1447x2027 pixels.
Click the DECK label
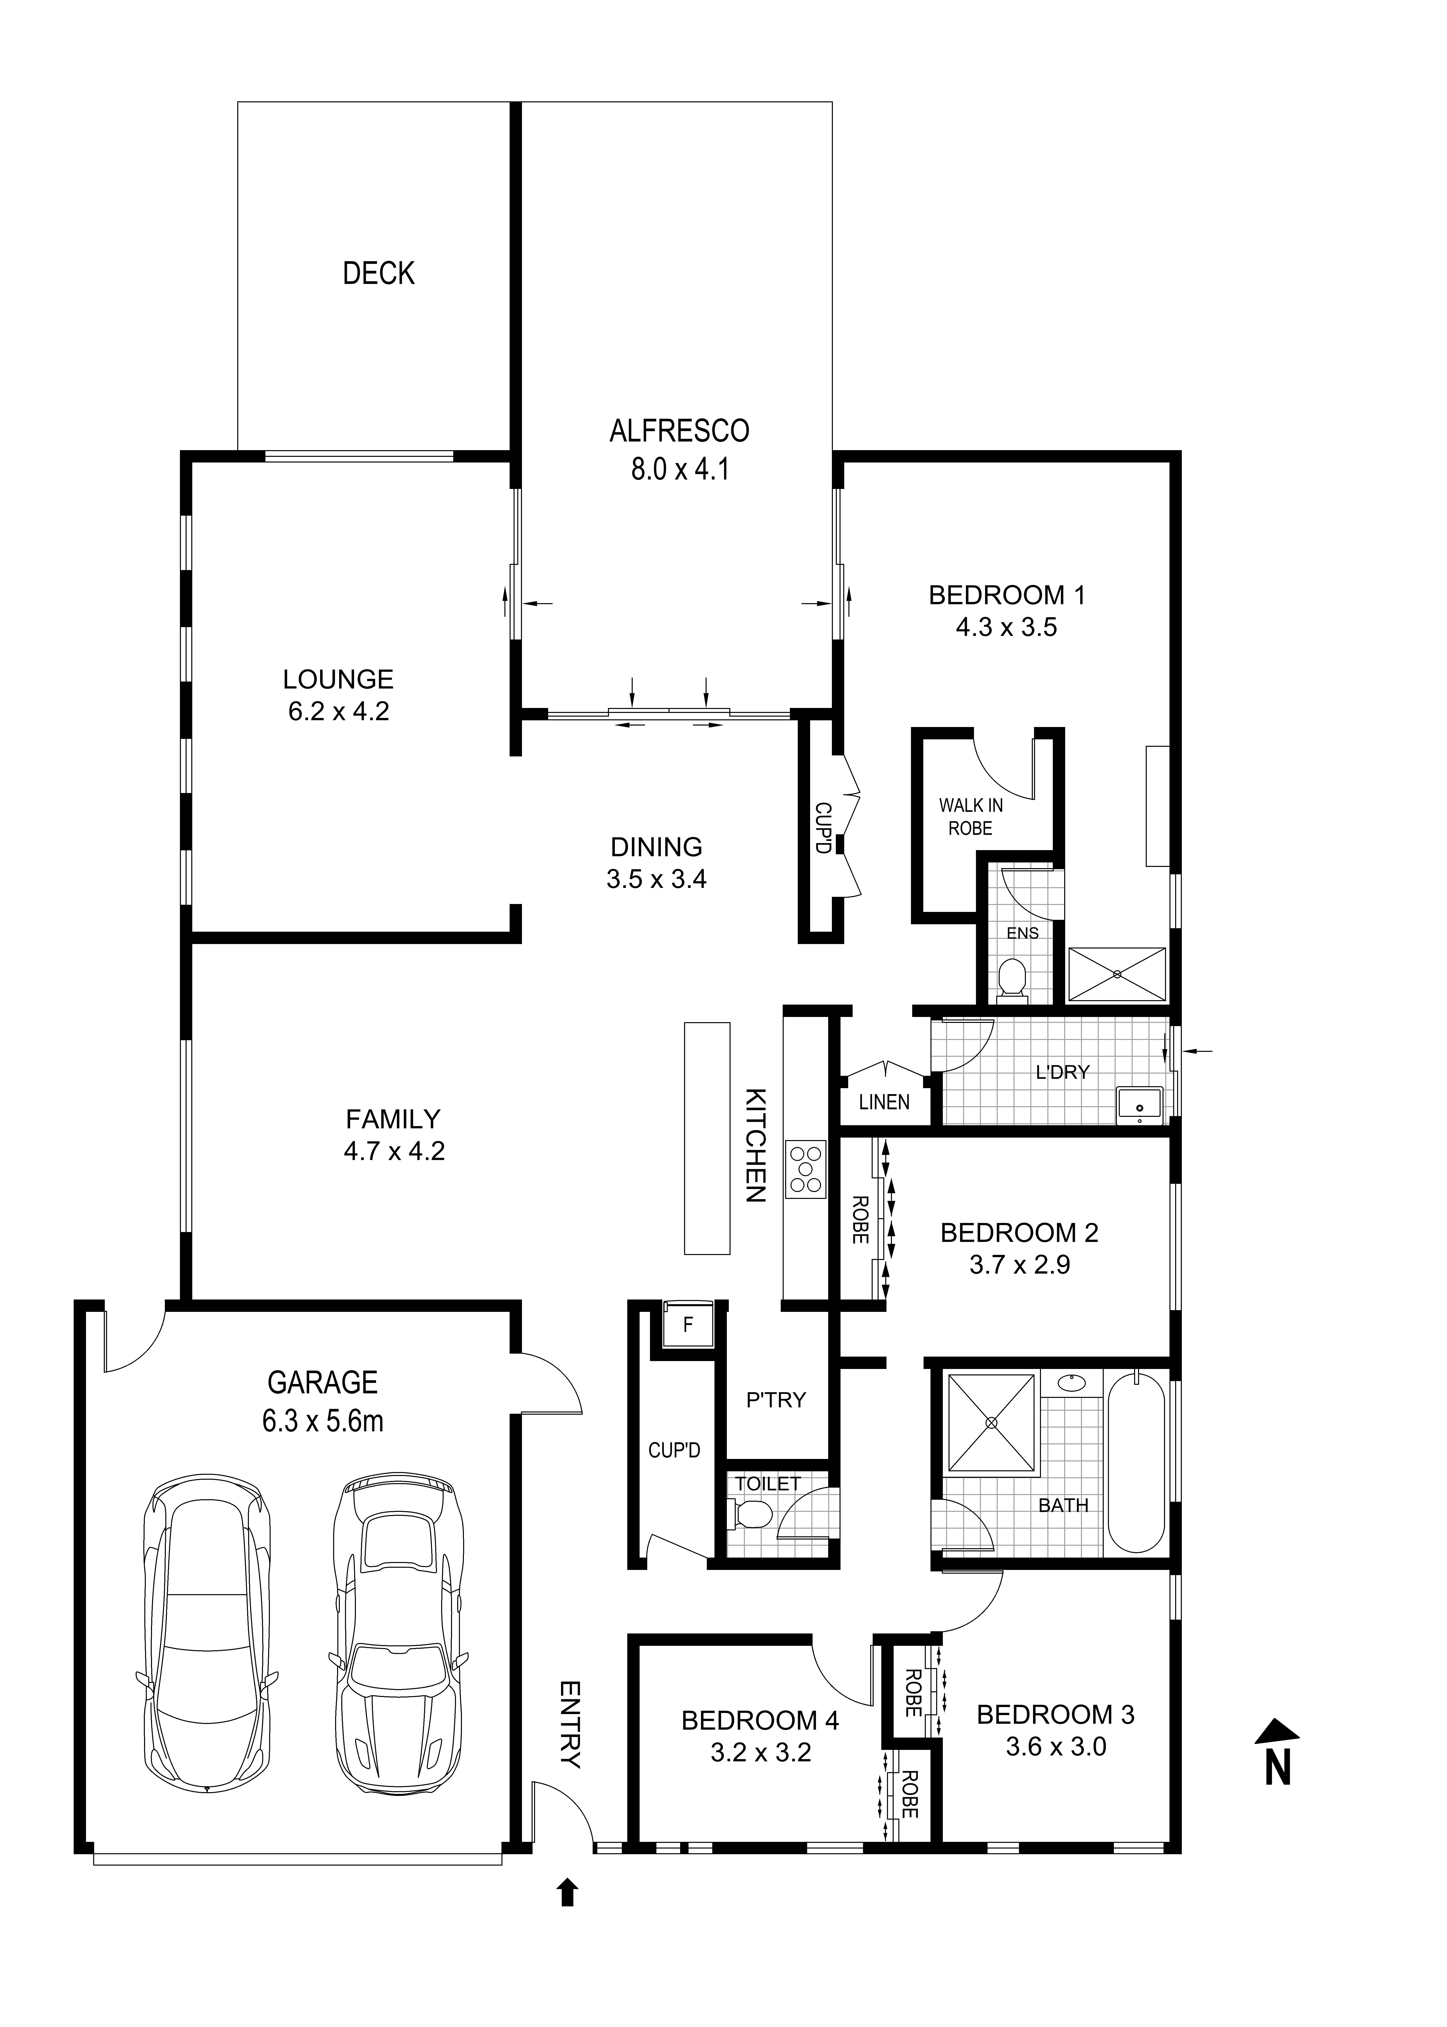[x=379, y=274]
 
